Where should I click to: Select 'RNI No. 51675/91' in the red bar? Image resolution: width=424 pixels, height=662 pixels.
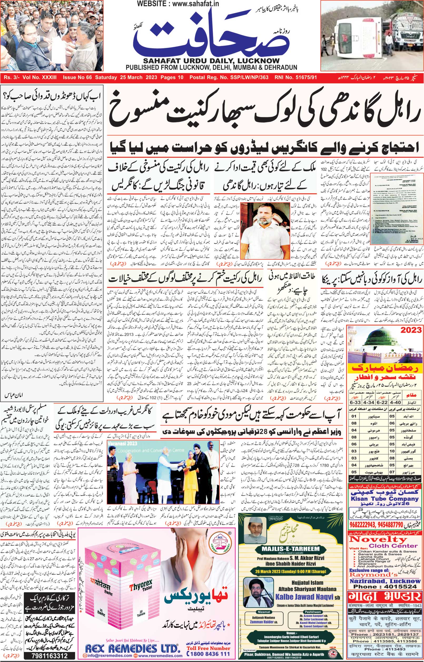[x=295, y=77]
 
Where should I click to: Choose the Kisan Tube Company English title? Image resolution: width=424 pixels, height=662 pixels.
[x=384, y=498]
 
